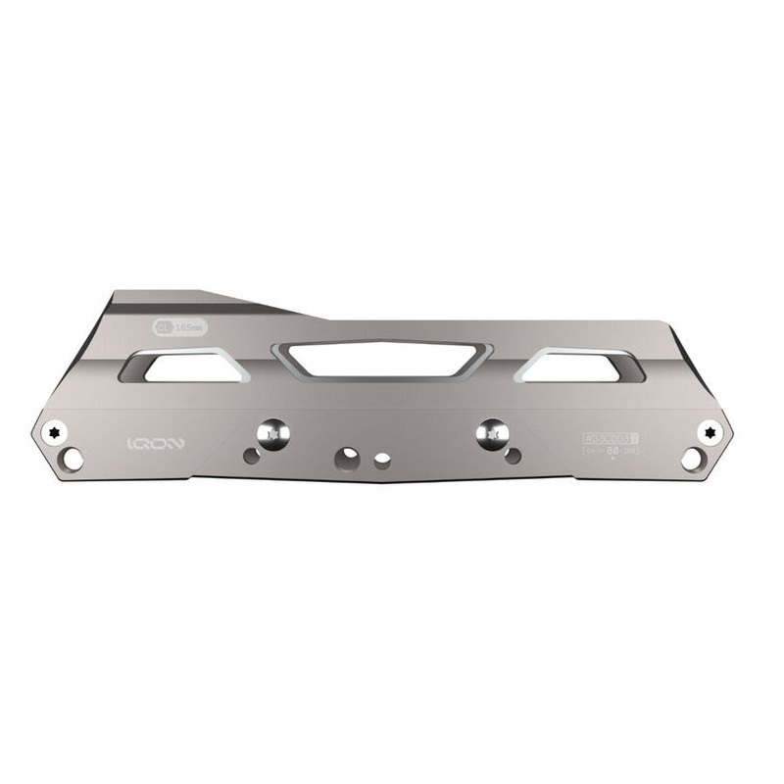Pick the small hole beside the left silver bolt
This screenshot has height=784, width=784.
[252, 456]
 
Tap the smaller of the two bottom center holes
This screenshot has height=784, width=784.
[381, 458]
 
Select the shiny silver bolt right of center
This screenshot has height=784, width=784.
[491, 431]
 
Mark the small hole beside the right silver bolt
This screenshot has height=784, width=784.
[513, 455]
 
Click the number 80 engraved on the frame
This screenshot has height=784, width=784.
[611, 451]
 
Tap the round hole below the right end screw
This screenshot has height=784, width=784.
[692, 458]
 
